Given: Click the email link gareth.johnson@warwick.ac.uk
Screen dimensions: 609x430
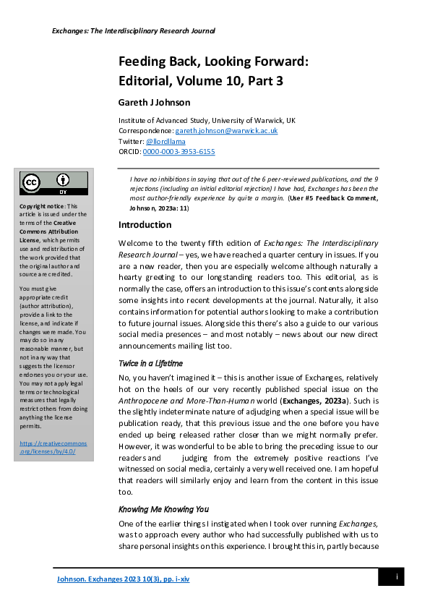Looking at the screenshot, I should tap(226, 131).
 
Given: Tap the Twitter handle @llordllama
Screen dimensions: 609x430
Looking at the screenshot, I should tap(165, 141).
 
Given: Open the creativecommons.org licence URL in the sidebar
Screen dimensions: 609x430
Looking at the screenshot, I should tap(53, 447).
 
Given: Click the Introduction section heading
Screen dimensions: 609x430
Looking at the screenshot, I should tap(145, 225).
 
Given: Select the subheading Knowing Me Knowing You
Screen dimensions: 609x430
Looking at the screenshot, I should tap(163, 508).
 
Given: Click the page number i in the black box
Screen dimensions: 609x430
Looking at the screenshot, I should tap(396, 576).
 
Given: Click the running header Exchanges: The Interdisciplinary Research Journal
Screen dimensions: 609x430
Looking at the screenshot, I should tap(134, 31).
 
